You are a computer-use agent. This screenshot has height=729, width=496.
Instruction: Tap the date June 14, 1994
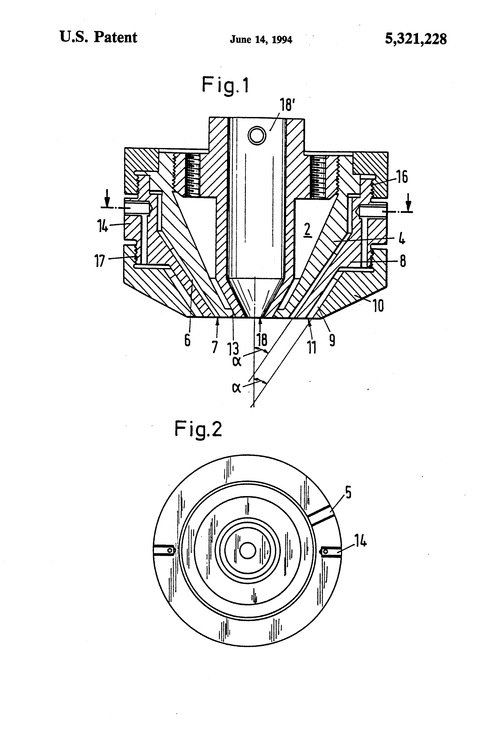[261, 40]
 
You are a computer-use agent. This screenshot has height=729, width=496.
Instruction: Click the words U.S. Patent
[98, 37]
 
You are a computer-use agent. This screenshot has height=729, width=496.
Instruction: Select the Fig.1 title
[225, 85]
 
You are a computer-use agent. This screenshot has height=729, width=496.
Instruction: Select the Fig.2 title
[198, 429]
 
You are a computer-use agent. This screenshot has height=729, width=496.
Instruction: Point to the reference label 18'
[286, 104]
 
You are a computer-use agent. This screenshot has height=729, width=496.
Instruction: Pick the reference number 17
[100, 261]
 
